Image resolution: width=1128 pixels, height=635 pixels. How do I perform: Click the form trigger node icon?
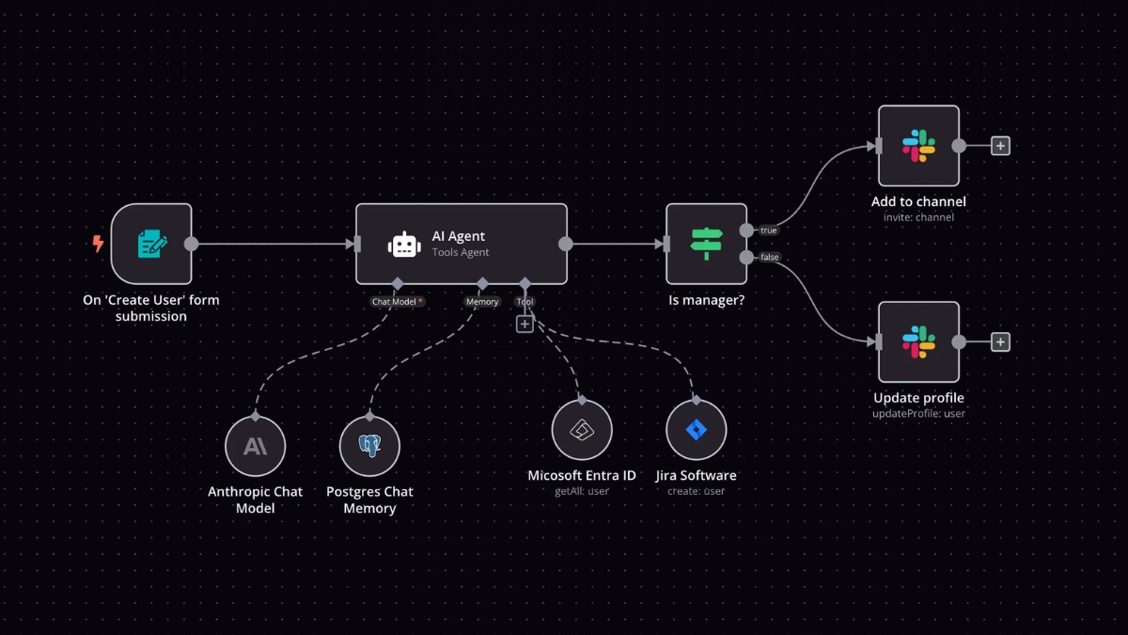tap(151, 244)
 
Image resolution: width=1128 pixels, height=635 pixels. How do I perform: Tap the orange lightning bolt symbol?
tap(98, 244)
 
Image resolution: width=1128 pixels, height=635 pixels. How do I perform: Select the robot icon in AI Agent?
tap(404, 245)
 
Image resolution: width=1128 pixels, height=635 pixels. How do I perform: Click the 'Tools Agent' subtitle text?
tap(461, 252)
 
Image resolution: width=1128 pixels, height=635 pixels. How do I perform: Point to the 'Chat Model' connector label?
tap(397, 302)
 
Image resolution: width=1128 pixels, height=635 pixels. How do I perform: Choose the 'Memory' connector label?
tap(482, 302)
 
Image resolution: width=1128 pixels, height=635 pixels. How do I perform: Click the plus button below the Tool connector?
tap(525, 324)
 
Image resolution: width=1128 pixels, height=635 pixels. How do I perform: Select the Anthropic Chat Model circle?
tap(256, 446)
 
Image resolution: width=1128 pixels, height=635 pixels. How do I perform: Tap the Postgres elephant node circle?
tap(369, 446)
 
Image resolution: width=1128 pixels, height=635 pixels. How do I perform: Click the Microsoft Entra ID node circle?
tap(582, 430)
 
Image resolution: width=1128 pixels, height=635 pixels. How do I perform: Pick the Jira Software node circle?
tap(696, 430)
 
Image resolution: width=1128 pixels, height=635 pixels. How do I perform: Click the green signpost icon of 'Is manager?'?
tap(706, 244)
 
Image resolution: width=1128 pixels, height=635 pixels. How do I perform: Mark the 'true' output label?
tap(769, 230)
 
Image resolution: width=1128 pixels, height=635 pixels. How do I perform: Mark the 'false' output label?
tap(770, 257)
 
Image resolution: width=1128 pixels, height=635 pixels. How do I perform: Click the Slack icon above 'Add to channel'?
tap(918, 146)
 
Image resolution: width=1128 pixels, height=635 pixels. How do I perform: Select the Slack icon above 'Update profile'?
tap(918, 341)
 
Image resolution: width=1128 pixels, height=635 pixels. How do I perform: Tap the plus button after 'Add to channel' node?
tap(1001, 146)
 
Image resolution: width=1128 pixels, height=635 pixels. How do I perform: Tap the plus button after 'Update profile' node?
tap(1001, 341)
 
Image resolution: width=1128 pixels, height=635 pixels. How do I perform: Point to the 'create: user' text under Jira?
tap(696, 491)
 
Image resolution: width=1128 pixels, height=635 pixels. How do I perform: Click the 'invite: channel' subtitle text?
tap(918, 217)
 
